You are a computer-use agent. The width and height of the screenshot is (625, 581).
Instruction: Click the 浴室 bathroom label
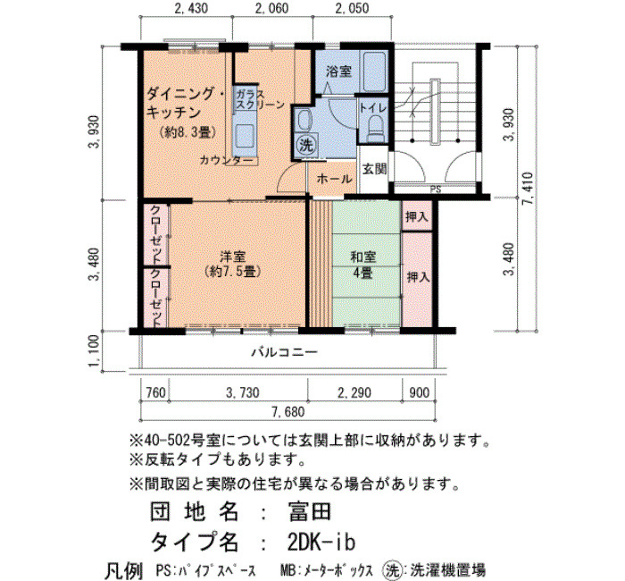[x=338, y=72]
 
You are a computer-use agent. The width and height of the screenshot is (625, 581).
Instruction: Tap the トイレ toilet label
[x=373, y=108]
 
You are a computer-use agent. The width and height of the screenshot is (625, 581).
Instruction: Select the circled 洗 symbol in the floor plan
[x=306, y=145]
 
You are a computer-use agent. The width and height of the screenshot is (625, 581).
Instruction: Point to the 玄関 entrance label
[x=375, y=169]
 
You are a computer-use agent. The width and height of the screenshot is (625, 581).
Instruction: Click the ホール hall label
[x=334, y=179]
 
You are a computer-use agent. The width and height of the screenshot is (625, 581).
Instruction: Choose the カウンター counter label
[x=226, y=160]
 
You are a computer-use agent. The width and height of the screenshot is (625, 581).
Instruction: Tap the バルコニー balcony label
[x=284, y=352]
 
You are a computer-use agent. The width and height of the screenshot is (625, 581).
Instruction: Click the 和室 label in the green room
[x=362, y=257]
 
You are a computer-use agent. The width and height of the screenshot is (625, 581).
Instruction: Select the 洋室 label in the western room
[x=233, y=257]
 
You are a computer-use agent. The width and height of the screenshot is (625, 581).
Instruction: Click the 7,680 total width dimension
[x=288, y=411]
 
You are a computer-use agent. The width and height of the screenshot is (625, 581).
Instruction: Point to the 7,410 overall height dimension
[x=529, y=189]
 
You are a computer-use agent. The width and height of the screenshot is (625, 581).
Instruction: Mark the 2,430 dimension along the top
[x=191, y=8]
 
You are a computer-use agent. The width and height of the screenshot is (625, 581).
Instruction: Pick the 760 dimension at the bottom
[x=155, y=392]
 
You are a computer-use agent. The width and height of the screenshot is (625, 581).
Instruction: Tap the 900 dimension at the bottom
[x=420, y=392]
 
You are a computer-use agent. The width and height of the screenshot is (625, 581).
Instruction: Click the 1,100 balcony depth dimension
[x=95, y=351]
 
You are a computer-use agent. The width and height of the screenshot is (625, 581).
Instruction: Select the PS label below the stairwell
[x=436, y=189]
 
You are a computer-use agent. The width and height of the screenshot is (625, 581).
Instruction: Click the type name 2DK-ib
[x=321, y=542]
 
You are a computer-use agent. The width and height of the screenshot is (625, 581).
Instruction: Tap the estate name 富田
[x=310, y=511]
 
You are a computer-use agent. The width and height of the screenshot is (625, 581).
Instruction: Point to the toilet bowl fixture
[x=375, y=129]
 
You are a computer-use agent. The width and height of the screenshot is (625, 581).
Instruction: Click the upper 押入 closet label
[x=417, y=216]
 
